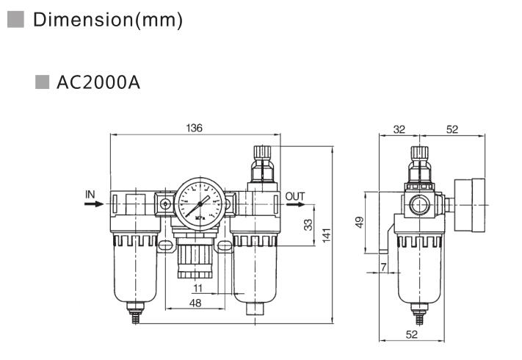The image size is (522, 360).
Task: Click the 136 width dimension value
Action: click(194, 129)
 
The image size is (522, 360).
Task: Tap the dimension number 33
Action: click(308, 223)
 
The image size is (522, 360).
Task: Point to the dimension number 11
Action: click(197, 289)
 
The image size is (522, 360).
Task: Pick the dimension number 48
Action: click(196, 302)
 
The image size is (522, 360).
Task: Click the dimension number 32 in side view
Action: click(399, 129)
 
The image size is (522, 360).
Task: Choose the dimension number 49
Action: click(359, 222)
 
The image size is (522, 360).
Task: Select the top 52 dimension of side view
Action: click(452, 129)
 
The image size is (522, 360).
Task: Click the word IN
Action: click(90, 195)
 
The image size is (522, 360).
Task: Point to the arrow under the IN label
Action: click(93, 205)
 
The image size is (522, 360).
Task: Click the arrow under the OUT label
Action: click(297, 205)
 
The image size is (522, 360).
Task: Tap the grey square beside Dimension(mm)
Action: click(15, 20)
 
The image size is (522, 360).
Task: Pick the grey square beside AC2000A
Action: click(43, 81)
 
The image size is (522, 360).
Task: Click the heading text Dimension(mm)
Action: click(108, 20)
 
